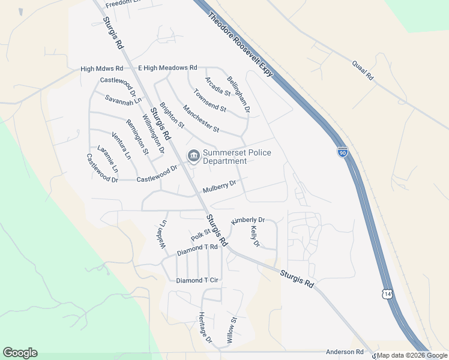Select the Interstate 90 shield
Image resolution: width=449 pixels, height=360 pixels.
(x=342, y=153)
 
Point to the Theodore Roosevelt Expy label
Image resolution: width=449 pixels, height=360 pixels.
(x=241, y=42)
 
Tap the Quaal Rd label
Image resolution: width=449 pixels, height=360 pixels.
(x=363, y=70)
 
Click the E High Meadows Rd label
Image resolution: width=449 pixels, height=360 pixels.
(x=167, y=68)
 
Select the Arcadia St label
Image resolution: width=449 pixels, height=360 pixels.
(x=217, y=86)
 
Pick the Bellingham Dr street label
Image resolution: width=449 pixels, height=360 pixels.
(x=238, y=94)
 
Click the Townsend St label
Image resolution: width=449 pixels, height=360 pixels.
(x=209, y=101)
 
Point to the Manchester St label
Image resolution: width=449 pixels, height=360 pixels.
(x=201, y=119)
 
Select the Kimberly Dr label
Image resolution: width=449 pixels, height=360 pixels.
(x=248, y=221)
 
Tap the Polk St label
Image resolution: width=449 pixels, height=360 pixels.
(x=200, y=232)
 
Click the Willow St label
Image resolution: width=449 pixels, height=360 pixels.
(x=231, y=330)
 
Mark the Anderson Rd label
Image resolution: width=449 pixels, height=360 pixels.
(x=345, y=352)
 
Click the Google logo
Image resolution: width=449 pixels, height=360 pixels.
(x=20, y=353)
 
